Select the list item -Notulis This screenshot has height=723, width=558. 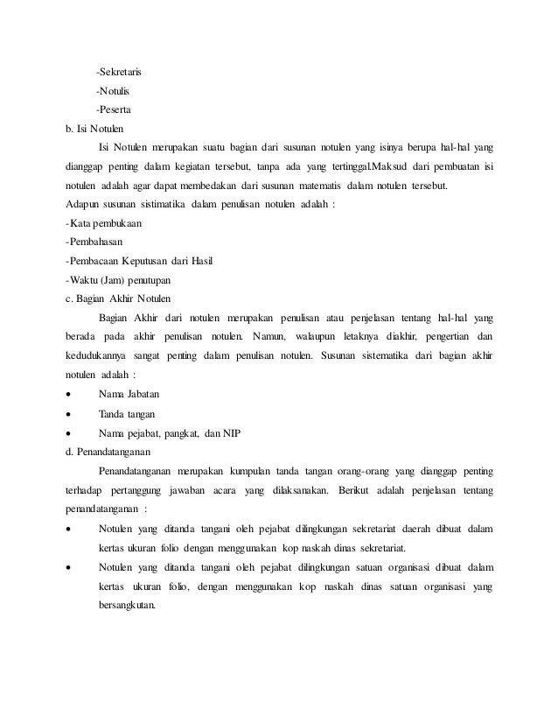[x=114, y=90]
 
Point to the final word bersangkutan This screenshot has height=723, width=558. [x=126, y=604]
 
